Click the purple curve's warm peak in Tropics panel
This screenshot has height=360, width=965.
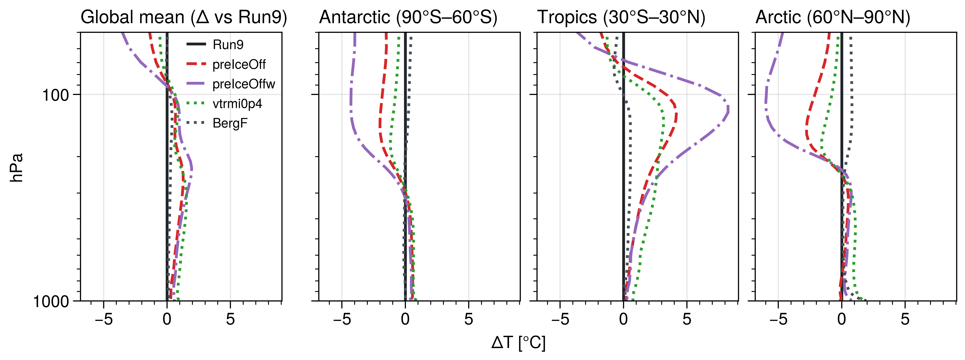coord(728,109)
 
